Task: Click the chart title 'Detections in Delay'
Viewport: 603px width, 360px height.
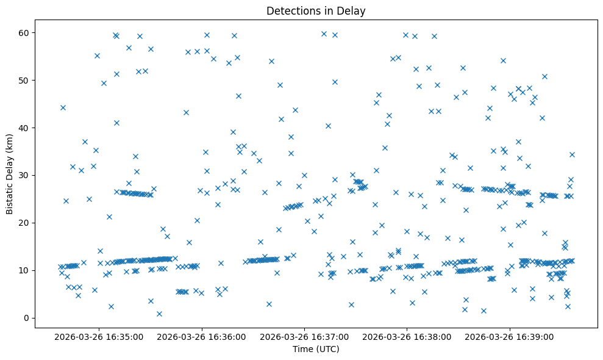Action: (x=316, y=10)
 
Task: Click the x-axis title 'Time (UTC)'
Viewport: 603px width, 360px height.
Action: (x=316, y=349)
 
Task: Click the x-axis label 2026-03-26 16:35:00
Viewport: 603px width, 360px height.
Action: (x=99, y=336)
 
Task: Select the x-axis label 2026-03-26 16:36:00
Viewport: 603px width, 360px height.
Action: (x=202, y=336)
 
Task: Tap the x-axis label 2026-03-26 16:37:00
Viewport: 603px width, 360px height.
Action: (x=304, y=336)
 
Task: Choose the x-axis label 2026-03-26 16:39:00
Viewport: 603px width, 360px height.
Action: (x=510, y=336)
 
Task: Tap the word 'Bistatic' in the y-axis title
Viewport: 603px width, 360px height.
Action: (x=10, y=195)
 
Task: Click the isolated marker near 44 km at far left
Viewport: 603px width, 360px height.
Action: (x=63, y=107)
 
